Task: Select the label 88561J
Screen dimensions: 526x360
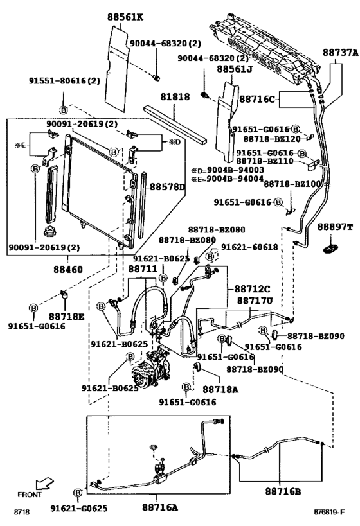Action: [236, 69]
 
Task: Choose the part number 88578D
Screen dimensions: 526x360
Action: [167, 188]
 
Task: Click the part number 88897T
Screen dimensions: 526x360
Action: [333, 227]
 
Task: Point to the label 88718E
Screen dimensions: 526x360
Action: [66, 317]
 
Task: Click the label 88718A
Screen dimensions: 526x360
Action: [220, 389]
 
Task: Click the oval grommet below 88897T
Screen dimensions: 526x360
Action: [333, 247]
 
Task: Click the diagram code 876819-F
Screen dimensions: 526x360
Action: [329, 512]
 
